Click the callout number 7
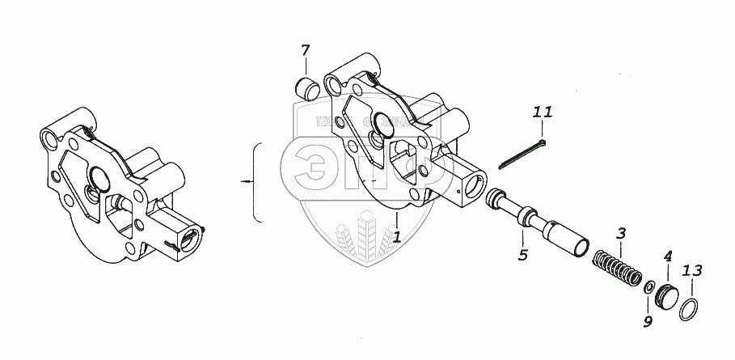(x=305, y=52)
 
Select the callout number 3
(x=621, y=235)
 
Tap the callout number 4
(x=667, y=258)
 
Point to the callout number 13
(x=692, y=270)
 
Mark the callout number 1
(x=398, y=237)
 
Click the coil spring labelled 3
(x=617, y=268)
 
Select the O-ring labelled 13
(x=689, y=308)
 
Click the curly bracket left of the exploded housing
(x=257, y=183)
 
